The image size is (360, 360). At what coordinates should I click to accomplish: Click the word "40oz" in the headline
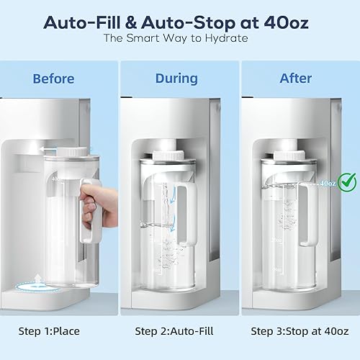287,21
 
